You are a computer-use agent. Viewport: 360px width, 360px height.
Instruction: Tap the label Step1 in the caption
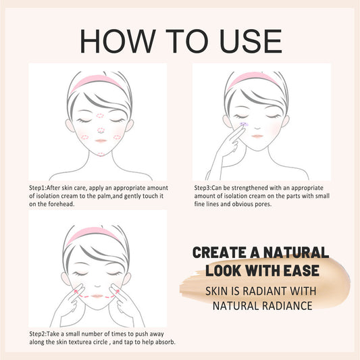pos(38,187)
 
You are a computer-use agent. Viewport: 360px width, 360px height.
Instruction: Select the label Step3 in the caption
pos(204,187)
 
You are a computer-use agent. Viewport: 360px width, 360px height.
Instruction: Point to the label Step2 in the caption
pos(38,334)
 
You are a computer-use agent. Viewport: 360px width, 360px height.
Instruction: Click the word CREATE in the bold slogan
pos(220,253)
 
